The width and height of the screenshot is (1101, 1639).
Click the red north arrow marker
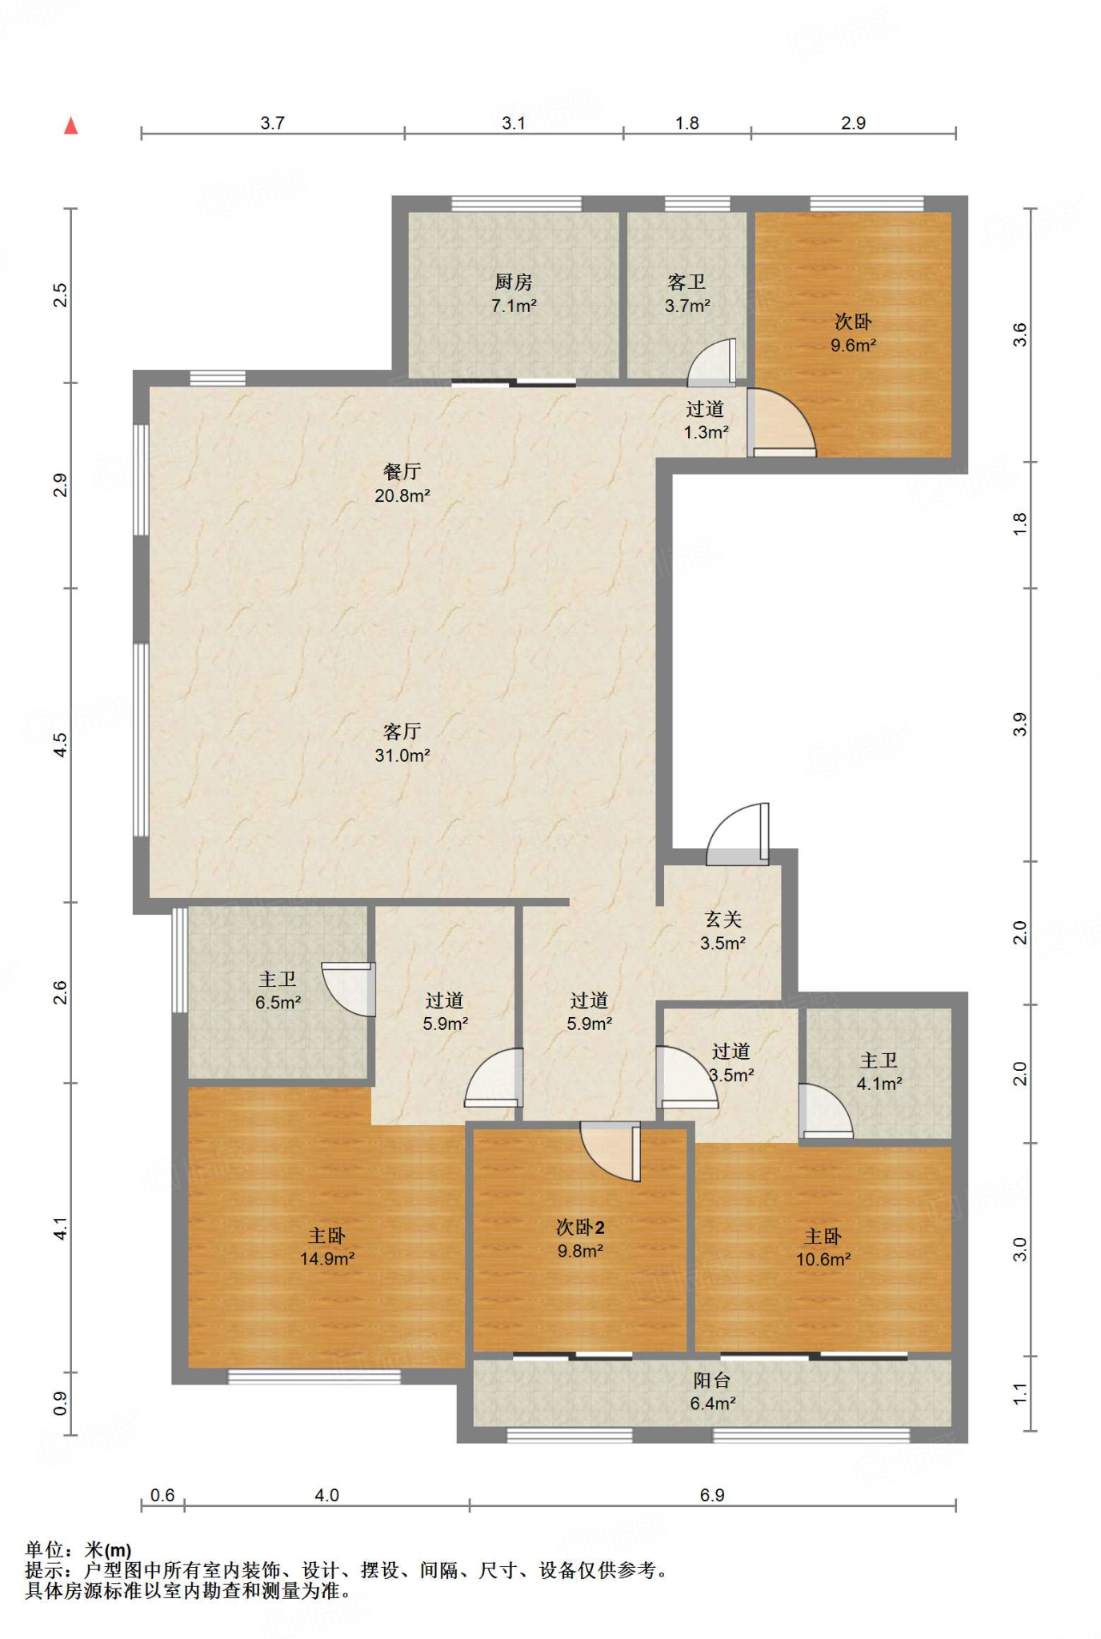[x=71, y=126]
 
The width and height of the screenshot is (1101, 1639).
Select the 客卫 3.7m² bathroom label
[x=687, y=294]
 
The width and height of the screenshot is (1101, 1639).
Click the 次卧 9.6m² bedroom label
[x=853, y=334]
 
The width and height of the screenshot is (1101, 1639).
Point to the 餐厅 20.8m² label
[x=402, y=483]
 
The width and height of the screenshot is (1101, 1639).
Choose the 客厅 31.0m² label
[x=402, y=743]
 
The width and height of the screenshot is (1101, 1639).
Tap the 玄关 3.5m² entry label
[x=723, y=932]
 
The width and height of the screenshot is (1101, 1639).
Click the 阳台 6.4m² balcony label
[x=713, y=1392]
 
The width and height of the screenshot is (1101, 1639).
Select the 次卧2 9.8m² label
[x=580, y=1239]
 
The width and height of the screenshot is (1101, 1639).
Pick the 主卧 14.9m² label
[x=327, y=1247]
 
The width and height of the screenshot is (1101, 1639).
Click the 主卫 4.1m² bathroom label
[x=879, y=1072]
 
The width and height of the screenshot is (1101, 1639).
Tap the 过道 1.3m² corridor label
[x=706, y=420]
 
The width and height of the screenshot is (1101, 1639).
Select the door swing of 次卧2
[x=610, y=1151]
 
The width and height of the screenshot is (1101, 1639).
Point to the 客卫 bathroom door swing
[x=711, y=362]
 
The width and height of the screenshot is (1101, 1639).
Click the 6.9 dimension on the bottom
[x=712, y=1495]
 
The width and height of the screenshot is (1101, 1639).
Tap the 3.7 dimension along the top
[x=273, y=122]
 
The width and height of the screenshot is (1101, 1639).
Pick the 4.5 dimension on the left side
[x=60, y=745]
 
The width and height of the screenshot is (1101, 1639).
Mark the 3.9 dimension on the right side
[x=1019, y=725]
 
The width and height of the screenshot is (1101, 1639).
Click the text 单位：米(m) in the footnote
[x=78, y=1550]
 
